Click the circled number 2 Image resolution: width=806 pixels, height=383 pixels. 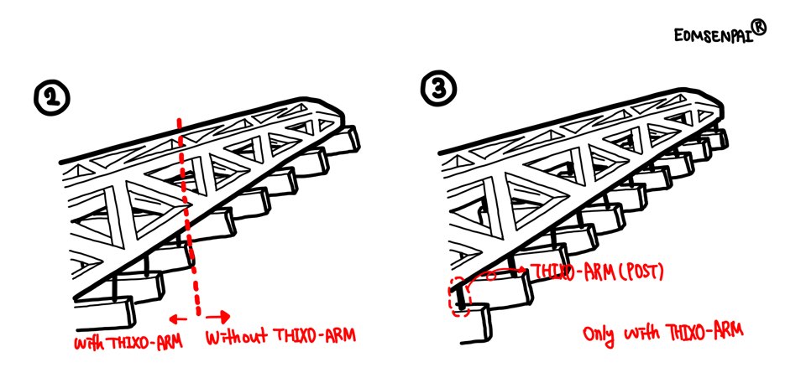pos(51,99)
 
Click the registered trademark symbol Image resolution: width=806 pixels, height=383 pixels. pos(759,26)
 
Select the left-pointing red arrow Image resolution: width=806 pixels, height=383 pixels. pos(178,319)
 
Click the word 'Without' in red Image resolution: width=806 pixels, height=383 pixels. pos(237,337)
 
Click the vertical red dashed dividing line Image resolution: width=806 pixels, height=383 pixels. pos(188,215)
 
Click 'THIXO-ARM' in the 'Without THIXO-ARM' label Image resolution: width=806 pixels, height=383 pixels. pos(313,335)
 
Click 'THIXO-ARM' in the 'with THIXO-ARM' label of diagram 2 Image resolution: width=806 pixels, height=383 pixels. pos(147,340)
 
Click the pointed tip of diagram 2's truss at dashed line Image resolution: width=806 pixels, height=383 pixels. pos(191,204)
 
